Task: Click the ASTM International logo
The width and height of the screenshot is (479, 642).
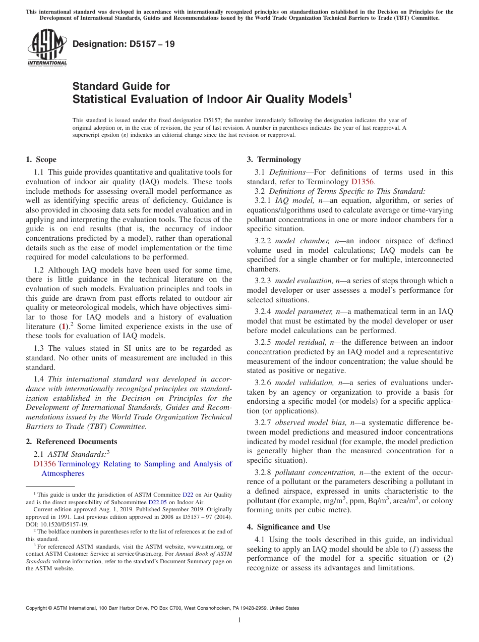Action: [x=46, y=48]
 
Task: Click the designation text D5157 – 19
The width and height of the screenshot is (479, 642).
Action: [x=124, y=44]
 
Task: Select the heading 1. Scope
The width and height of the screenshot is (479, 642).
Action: [x=41, y=159]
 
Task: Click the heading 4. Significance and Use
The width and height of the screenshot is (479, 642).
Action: [x=288, y=527]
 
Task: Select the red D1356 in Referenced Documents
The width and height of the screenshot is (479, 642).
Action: [x=44, y=464]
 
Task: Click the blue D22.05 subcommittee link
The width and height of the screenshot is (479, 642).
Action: [x=156, y=502]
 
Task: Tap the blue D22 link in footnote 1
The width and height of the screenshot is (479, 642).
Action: [x=188, y=495]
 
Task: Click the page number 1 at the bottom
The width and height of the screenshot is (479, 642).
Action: [x=239, y=620]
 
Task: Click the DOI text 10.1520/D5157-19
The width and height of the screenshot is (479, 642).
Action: [x=62, y=524]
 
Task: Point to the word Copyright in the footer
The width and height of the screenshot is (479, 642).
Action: [x=38, y=608]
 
